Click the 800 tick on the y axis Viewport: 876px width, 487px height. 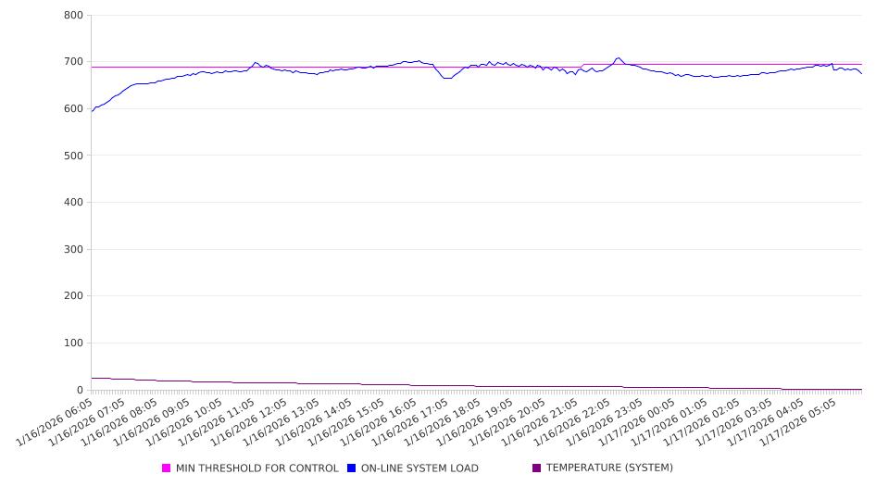coord(74,16)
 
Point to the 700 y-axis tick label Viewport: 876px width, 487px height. coord(74,62)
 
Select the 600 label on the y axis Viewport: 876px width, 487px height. coord(74,109)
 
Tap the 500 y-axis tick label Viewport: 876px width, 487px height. coord(74,156)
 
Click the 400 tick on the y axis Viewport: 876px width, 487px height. coord(74,203)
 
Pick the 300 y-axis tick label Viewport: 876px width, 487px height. coord(74,250)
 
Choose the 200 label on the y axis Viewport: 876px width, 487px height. coord(74,296)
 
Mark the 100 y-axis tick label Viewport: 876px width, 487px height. coord(74,343)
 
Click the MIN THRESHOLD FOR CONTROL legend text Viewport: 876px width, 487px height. coord(257,468)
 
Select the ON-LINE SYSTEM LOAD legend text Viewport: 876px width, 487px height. coord(419,468)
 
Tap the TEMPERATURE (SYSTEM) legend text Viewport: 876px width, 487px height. coord(609,468)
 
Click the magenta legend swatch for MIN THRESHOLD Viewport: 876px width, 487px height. coord(167,468)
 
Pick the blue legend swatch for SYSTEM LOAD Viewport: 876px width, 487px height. coord(352,468)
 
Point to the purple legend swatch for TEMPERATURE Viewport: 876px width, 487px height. coord(537,468)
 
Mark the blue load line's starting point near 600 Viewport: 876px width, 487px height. coord(92,111)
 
